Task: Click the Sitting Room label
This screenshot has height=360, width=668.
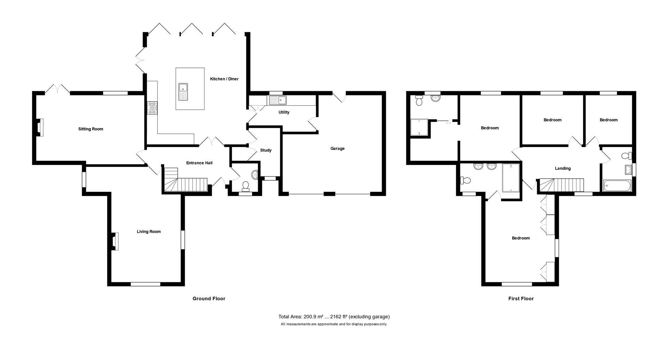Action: click(x=90, y=129)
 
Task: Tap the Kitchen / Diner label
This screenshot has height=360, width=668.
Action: click(x=224, y=79)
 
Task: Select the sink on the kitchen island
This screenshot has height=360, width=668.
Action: click(x=183, y=92)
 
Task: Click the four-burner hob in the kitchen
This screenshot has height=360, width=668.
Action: click(x=152, y=108)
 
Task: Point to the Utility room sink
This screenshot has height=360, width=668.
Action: click(x=277, y=101)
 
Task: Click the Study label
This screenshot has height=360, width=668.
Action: click(x=266, y=150)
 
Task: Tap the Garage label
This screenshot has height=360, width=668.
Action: click(x=337, y=149)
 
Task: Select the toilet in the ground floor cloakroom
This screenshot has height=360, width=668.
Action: click(x=246, y=186)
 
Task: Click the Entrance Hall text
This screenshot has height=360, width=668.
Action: click(x=199, y=163)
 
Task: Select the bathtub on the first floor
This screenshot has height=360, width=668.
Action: click(x=617, y=186)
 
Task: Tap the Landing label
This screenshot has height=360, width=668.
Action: click(x=563, y=169)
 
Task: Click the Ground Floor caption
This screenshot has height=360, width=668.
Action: click(x=209, y=299)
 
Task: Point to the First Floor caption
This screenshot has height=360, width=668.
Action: click(x=521, y=299)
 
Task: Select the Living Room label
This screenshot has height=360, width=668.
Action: click(x=149, y=232)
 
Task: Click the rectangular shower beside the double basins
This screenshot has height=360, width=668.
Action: click(x=511, y=178)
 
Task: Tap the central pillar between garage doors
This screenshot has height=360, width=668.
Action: click(x=329, y=194)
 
